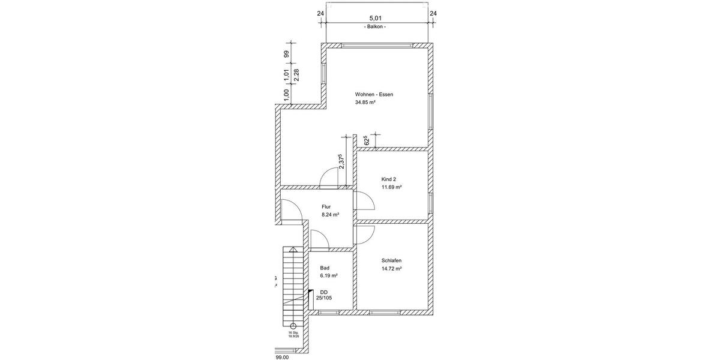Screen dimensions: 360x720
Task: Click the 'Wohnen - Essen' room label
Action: tap(374, 94)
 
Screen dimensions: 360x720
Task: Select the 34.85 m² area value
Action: tap(365, 103)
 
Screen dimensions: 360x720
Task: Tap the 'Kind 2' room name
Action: tap(389, 179)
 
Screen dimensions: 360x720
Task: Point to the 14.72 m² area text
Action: tap(391, 269)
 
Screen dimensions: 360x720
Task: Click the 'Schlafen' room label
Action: tap(391, 260)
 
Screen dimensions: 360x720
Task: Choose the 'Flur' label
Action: tap(326, 206)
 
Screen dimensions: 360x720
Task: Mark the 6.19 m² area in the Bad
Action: tap(329, 275)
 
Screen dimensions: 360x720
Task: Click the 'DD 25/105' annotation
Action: tap(324, 293)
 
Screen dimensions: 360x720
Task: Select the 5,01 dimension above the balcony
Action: tap(375, 19)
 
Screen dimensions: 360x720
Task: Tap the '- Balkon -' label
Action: tap(375, 27)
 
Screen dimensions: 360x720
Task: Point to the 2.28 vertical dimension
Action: tap(296, 76)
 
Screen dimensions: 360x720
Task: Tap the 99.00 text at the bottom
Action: tap(282, 356)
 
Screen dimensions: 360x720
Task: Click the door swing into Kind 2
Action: tap(364, 201)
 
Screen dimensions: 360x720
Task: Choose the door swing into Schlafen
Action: tap(364, 235)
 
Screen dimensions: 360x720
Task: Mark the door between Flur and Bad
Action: tap(320, 239)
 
